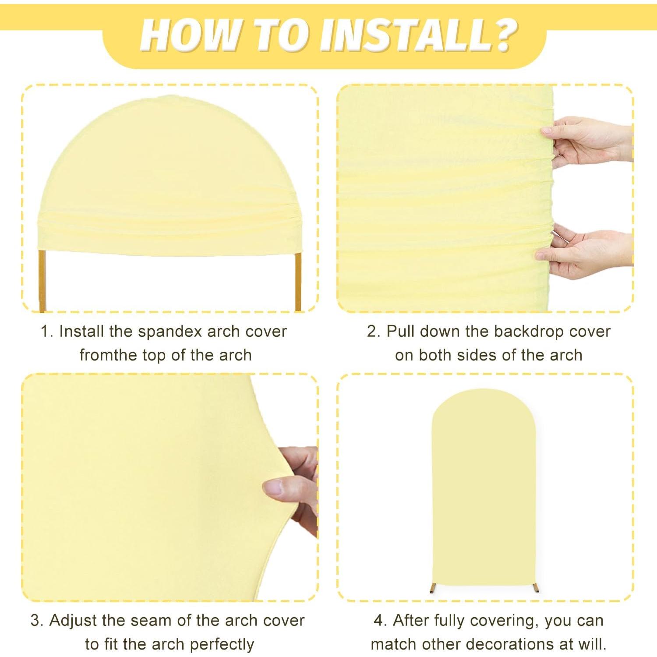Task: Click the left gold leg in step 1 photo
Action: point(42,280)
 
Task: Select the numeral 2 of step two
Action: point(372,332)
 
